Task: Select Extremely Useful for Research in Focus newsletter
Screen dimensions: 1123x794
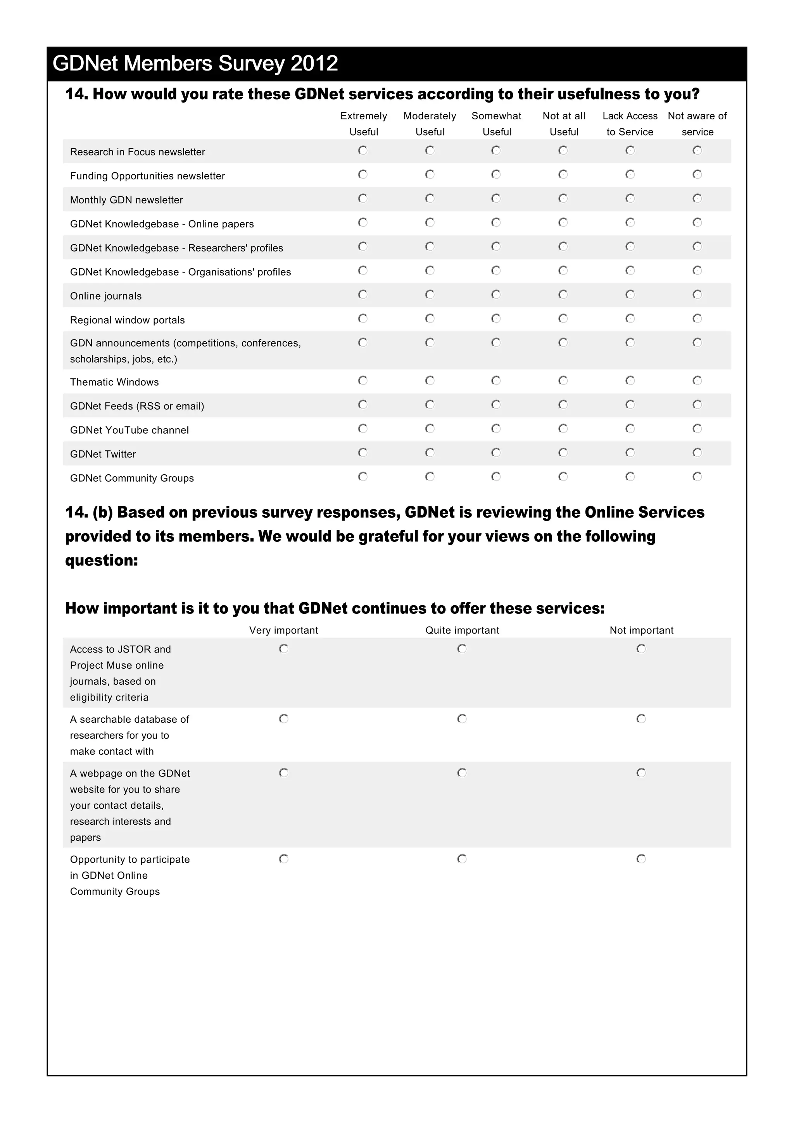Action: (x=362, y=150)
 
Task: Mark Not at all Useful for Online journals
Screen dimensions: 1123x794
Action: (x=563, y=295)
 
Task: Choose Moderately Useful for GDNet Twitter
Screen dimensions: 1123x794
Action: (x=430, y=453)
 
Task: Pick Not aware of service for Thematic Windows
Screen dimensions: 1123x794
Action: (x=697, y=381)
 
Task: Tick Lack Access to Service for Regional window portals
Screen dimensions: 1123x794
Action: (x=630, y=319)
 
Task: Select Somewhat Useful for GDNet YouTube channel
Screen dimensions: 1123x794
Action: (x=496, y=429)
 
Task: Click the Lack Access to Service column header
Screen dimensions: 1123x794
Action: (x=630, y=124)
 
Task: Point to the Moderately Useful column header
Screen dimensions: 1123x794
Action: (x=430, y=124)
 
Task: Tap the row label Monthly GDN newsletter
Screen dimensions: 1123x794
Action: (x=126, y=200)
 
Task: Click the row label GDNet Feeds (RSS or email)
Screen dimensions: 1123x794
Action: (x=137, y=406)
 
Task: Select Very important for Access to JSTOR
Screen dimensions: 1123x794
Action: (x=284, y=649)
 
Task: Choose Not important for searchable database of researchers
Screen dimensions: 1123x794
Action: (x=641, y=718)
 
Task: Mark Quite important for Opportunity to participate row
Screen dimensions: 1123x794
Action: (x=462, y=859)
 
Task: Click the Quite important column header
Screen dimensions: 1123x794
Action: (x=462, y=630)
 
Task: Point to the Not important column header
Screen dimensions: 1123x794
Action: (x=641, y=630)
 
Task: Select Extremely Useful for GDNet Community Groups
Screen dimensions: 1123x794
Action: (x=362, y=476)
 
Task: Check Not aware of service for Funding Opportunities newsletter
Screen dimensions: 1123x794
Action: (x=697, y=174)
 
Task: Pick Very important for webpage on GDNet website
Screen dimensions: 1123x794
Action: (x=284, y=773)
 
